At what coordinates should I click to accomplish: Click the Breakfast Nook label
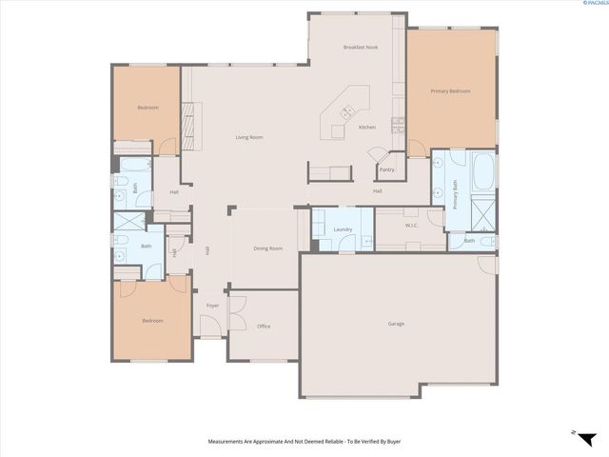(360, 48)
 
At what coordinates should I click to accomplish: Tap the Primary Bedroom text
(451, 91)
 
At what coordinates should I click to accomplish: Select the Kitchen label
(367, 127)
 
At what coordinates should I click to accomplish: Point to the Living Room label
(249, 137)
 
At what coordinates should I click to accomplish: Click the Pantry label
(386, 169)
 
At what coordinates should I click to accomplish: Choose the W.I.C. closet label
(412, 226)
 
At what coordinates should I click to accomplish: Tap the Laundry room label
(343, 230)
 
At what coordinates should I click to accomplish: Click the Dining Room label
(267, 248)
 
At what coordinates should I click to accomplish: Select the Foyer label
(213, 306)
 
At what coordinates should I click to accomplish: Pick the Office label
(264, 327)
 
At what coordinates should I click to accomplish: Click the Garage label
(396, 324)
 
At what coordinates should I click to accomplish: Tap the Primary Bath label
(456, 194)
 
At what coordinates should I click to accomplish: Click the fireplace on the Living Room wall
(187, 122)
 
